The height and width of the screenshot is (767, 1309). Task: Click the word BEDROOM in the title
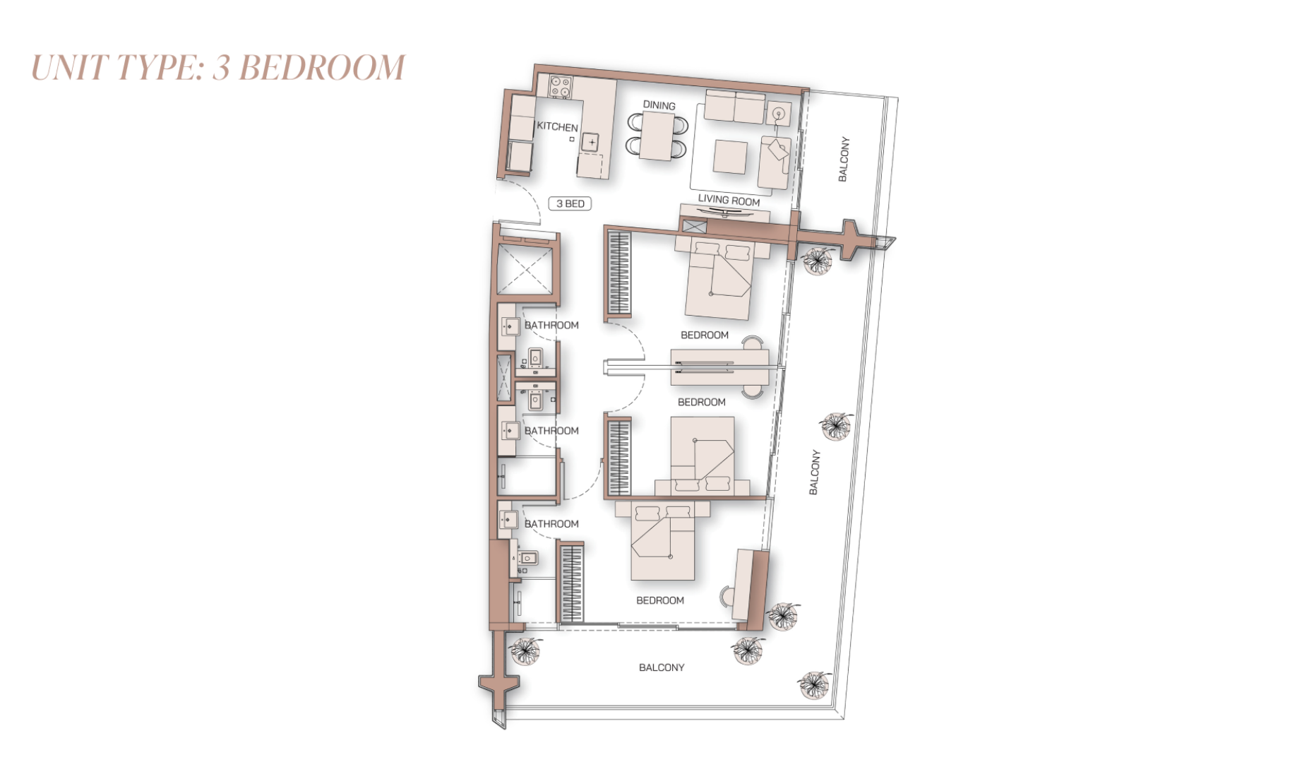(x=322, y=69)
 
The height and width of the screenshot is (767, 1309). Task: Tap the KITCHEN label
(x=557, y=126)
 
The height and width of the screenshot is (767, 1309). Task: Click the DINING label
(x=659, y=105)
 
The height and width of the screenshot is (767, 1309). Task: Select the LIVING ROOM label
(x=729, y=201)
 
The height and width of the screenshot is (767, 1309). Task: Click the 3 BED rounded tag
(x=570, y=204)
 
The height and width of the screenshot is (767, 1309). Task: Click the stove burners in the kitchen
(x=561, y=87)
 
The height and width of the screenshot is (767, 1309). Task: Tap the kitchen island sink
(x=591, y=142)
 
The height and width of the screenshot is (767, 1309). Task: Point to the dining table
(x=657, y=136)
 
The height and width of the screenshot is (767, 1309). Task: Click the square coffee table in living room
(x=730, y=156)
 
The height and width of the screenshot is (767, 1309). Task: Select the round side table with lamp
(x=779, y=113)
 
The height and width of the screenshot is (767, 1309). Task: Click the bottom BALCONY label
(x=662, y=667)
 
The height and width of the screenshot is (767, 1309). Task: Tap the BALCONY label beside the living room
(x=843, y=159)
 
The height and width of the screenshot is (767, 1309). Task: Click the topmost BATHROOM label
(x=551, y=326)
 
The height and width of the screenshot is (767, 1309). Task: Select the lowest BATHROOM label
(x=551, y=524)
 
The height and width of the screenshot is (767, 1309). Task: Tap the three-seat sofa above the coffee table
(x=734, y=107)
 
